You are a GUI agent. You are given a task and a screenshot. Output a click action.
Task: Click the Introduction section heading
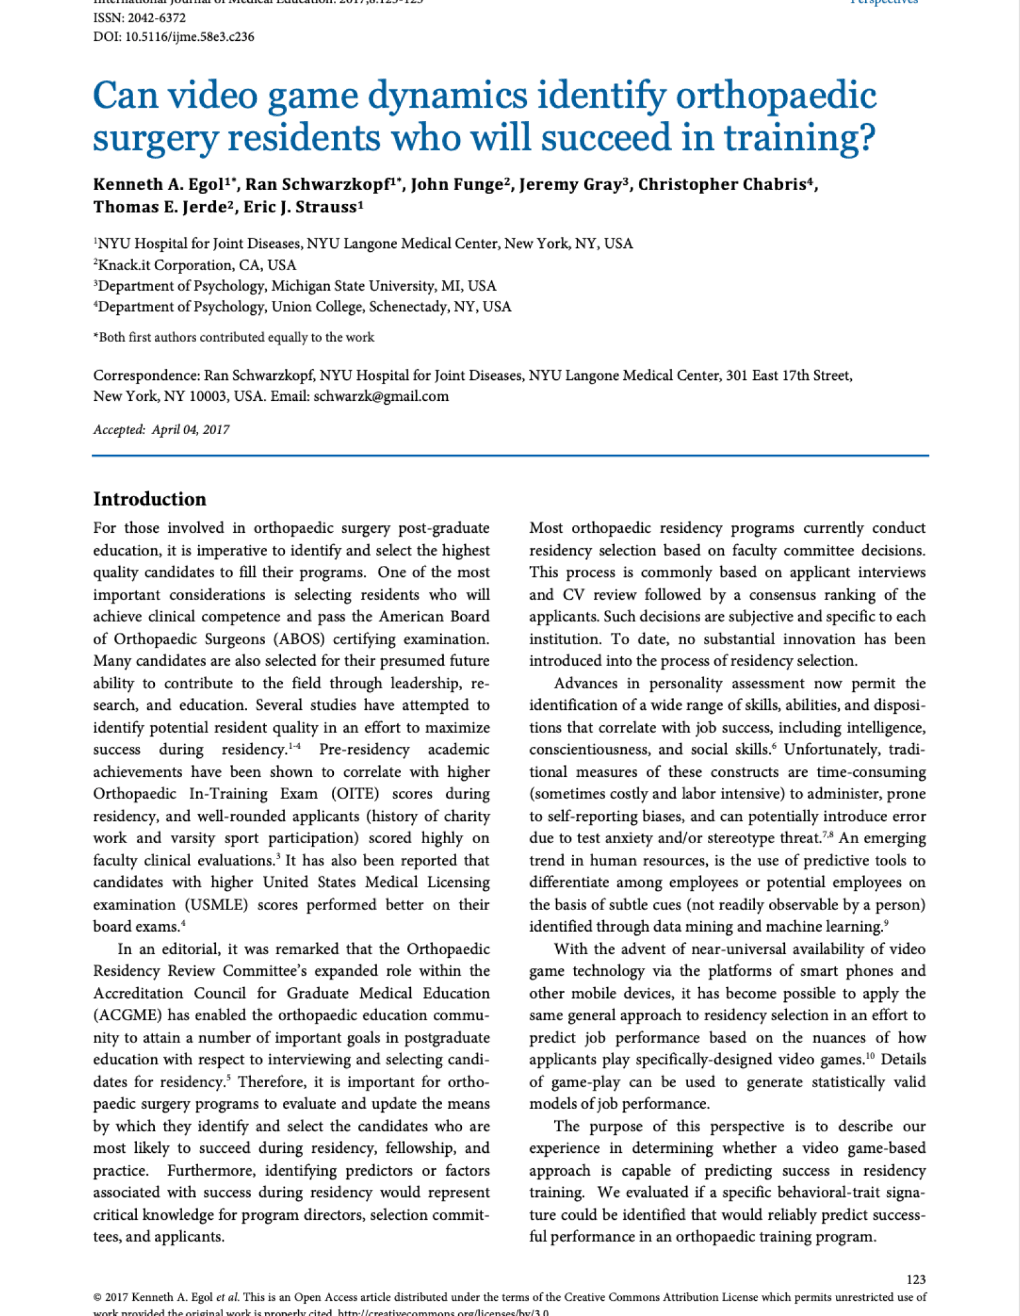tap(150, 499)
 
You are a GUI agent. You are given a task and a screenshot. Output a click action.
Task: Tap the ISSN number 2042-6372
tap(140, 18)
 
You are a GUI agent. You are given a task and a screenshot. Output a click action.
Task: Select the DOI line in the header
tap(173, 37)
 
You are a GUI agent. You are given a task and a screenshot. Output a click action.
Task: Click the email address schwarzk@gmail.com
tap(381, 396)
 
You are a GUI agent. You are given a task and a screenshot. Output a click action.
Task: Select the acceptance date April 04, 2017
tap(190, 430)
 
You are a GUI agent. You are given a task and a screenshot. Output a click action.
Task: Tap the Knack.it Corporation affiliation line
tap(195, 265)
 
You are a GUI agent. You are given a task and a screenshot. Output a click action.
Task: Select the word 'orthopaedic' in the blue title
tap(775, 96)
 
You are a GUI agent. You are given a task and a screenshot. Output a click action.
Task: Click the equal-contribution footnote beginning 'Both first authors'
tap(234, 338)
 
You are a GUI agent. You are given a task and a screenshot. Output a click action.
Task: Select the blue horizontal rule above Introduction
tap(510, 456)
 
